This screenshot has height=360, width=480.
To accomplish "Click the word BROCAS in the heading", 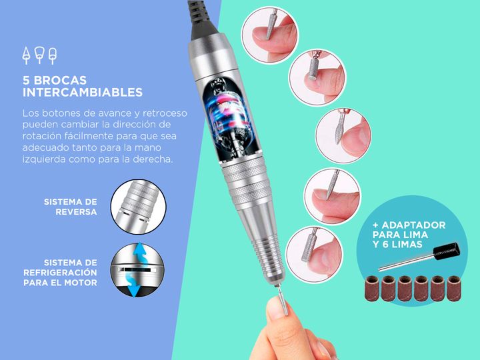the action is pos(60,80).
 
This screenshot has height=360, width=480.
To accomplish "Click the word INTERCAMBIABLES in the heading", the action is pos(83,92).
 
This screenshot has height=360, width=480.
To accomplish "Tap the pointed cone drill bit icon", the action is pos(26,56).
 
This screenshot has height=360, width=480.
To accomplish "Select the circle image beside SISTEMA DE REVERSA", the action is pos(139,207).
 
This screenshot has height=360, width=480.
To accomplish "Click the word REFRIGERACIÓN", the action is pos(60,273).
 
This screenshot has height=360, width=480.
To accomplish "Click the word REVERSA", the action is pos(76,212).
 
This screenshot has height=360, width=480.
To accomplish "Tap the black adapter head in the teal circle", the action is pos(447,251).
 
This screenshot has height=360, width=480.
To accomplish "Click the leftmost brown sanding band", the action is pos(372,289).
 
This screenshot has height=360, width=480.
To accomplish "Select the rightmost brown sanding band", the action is pos(454,289).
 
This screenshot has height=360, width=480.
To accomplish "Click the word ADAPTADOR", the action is pos(413,225).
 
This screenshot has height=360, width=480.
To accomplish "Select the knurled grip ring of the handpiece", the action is pos(247,181).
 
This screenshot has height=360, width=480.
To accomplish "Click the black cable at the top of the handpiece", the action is pos(202,19).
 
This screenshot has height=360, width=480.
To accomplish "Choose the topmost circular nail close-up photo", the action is pos(270,35).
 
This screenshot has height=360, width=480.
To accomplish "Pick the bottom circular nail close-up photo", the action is pos(315,255).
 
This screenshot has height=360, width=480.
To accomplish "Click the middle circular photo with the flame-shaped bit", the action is pos(343,136).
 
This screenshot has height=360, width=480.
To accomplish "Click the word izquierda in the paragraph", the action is pos(44,159).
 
